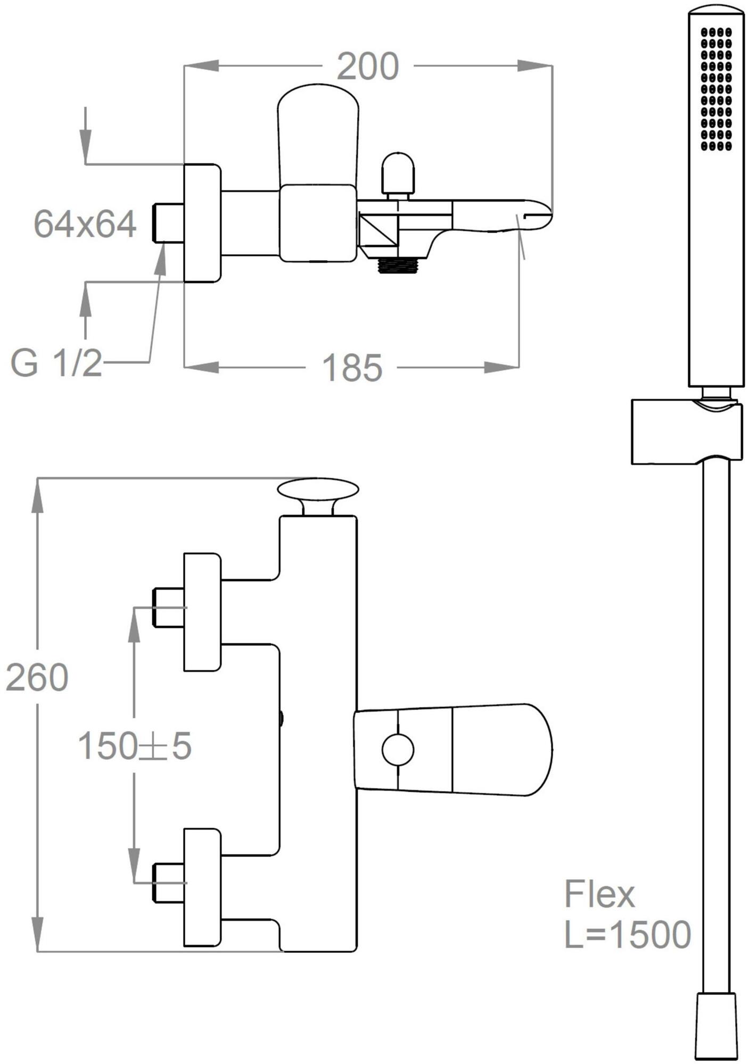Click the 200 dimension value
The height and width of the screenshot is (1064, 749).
pyautogui.click(x=368, y=67)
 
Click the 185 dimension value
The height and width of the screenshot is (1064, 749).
pyautogui.click(x=352, y=368)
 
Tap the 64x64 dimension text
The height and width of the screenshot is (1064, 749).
pyautogui.click(x=85, y=224)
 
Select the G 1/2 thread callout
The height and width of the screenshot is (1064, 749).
pyautogui.click(x=56, y=364)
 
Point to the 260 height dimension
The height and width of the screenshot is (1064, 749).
pyautogui.click(x=37, y=677)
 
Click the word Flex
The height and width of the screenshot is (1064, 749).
pyautogui.click(x=599, y=894)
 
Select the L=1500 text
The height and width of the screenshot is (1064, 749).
pyautogui.click(x=627, y=935)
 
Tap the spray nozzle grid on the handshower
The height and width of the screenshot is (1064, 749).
pyautogui.click(x=716, y=88)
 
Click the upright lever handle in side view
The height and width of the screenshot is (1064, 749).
pyautogui.click(x=318, y=133)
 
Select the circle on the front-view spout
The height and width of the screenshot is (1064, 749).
pyautogui.click(x=398, y=750)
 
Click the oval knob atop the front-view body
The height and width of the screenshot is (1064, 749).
pyautogui.click(x=318, y=490)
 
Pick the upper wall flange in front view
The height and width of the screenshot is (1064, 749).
pyautogui.click(x=202, y=612)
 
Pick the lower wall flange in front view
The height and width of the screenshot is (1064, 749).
pyautogui.click(x=202, y=887)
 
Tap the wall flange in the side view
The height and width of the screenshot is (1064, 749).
pyautogui.click(x=202, y=223)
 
